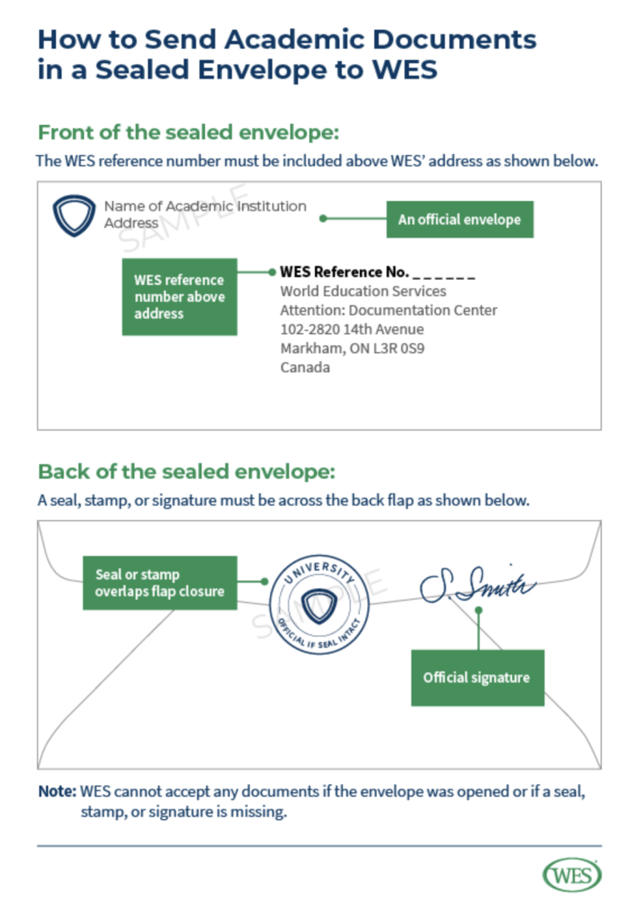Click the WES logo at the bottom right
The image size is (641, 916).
tap(572, 875)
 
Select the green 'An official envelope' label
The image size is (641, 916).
tap(459, 219)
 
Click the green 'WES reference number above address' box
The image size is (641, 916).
tap(179, 297)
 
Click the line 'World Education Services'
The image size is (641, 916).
tap(363, 291)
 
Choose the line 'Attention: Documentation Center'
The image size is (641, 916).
tap(389, 311)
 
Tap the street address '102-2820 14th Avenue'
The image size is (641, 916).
tap(352, 330)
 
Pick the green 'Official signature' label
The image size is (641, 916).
tap(477, 677)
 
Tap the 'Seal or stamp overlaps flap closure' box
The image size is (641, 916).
tap(159, 583)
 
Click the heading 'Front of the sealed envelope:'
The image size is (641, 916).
tap(189, 132)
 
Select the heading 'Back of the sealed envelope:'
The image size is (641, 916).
tap(186, 470)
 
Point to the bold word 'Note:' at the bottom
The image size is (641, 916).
tap(57, 792)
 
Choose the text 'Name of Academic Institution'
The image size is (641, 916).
tap(205, 207)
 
